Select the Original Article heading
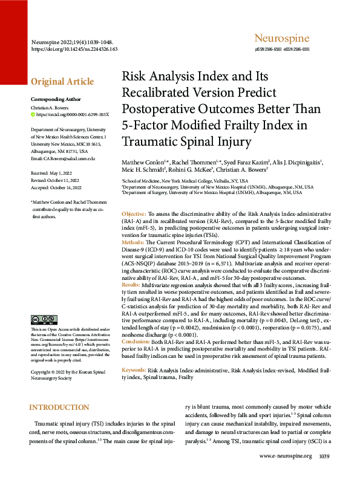(x=62, y=82)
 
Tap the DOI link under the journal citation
(x=74, y=48)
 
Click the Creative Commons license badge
(x=44, y=319)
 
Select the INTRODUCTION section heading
(x=59, y=408)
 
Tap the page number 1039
(x=324, y=456)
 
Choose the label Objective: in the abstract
(x=134, y=215)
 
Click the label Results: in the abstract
(x=131, y=284)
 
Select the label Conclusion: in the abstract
(x=136, y=342)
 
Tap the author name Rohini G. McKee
(x=186, y=170)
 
